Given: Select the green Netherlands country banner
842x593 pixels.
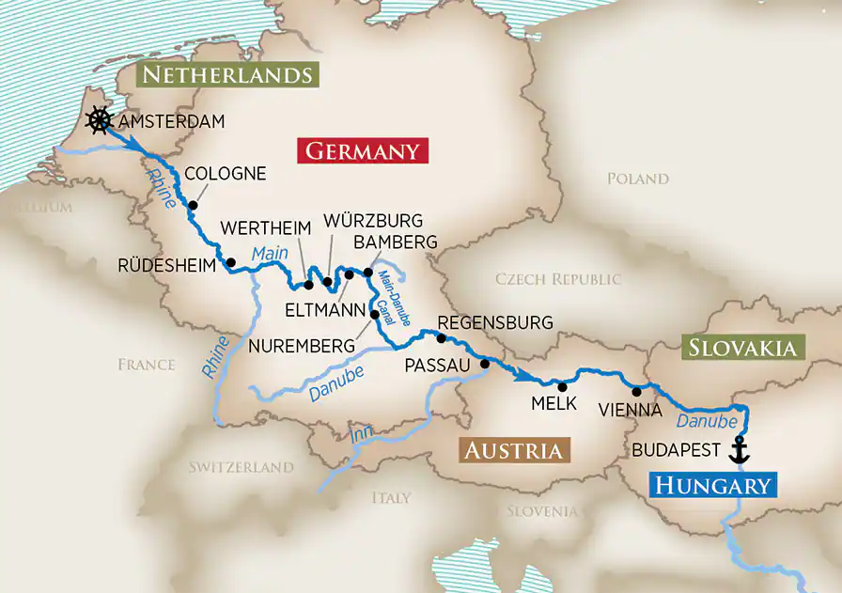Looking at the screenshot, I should click(226, 75).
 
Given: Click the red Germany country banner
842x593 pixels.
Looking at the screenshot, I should click(362, 151).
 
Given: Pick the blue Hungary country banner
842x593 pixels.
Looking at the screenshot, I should click(713, 485).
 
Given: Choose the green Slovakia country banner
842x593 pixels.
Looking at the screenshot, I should click(742, 348).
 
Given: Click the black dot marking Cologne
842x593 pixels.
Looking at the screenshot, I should click(193, 205).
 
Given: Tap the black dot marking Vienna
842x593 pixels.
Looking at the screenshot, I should click(636, 391).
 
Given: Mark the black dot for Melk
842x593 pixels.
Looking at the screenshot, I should click(562, 386).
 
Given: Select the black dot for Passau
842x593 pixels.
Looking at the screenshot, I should click(485, 364).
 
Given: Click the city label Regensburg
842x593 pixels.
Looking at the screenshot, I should click(495, 323).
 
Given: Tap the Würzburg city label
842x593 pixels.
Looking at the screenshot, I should click(373, 221).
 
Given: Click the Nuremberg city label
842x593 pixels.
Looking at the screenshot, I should click(302, 346).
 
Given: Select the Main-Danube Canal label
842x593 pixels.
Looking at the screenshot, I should click(389, 296).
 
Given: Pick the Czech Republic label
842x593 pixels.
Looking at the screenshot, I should click(558, 279).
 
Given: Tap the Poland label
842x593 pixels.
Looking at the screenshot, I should click(637, 179).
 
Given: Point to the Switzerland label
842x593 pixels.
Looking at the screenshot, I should click(241, 467).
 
